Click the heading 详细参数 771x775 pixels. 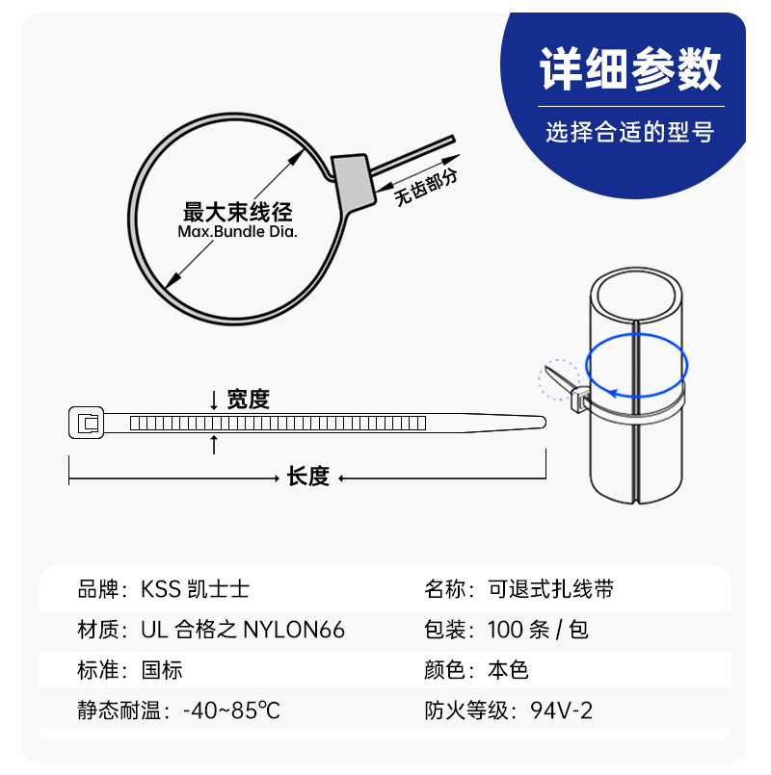click(630, 69)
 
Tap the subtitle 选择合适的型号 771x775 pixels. click(630, 132)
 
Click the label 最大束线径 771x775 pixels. click(237, 212)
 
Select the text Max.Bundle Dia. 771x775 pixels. click(237, 231)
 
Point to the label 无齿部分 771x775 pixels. click(426, 188)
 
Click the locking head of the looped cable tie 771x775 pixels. click(354, 183)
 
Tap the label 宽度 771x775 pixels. click(248, 400)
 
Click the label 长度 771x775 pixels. click(308, 477)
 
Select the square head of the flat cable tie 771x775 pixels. click(87, 423)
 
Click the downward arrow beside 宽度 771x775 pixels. click(214, 400)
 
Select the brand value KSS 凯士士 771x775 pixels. click(195, 589)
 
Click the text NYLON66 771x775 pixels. click(294, 631)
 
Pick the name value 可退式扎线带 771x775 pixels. click(551, 589)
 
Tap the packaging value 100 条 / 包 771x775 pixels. click(538, 631)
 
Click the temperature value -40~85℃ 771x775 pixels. click(231, 710)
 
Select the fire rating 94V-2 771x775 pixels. click(561, 710)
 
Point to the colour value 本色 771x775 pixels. click(508, 670)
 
